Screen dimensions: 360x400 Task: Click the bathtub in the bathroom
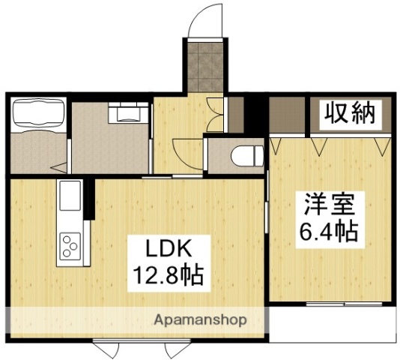(x=39, y=116)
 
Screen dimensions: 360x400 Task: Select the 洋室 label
(x=324, y=204)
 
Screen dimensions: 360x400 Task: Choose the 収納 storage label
(x=349, y=115)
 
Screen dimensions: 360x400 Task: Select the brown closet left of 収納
(x=289, y=115)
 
